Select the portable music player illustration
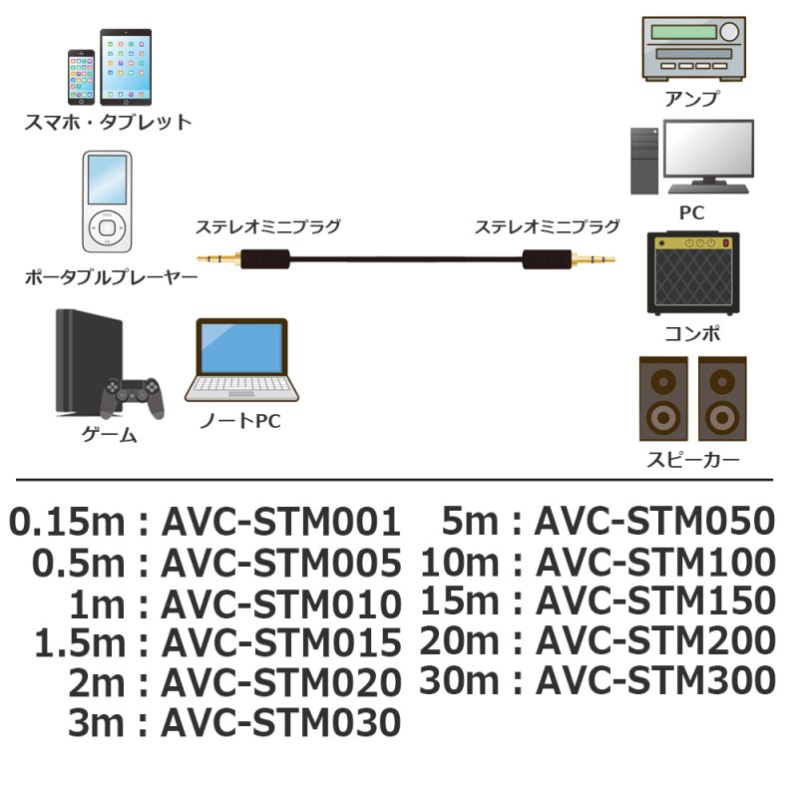(x=106, y=202)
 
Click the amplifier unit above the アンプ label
(x=692, y=49)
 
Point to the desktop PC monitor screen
(x=709, y=152)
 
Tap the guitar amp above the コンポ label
(x=692, y=274)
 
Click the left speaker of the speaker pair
(x=662, y=399)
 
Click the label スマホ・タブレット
(x=108, y=124)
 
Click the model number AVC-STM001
(x=280, y=522)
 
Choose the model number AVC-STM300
(x=655, y=680)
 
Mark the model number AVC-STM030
(x=280, y=722)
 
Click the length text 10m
(x=458, y=562)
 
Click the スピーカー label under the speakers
(x=692, y=460)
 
